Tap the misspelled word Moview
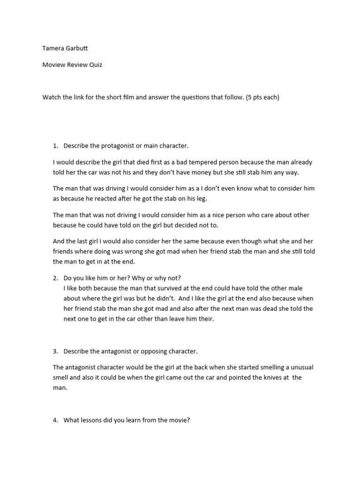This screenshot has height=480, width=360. coord(53,65)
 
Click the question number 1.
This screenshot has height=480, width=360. coord(55,146)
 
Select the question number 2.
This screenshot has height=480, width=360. coord(55,278)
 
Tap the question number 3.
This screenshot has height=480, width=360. coord(55,351)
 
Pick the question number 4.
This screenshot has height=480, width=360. coord(55,420)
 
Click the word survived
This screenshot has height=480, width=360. coord(172,288)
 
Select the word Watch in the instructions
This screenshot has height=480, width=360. coord(52,97)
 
